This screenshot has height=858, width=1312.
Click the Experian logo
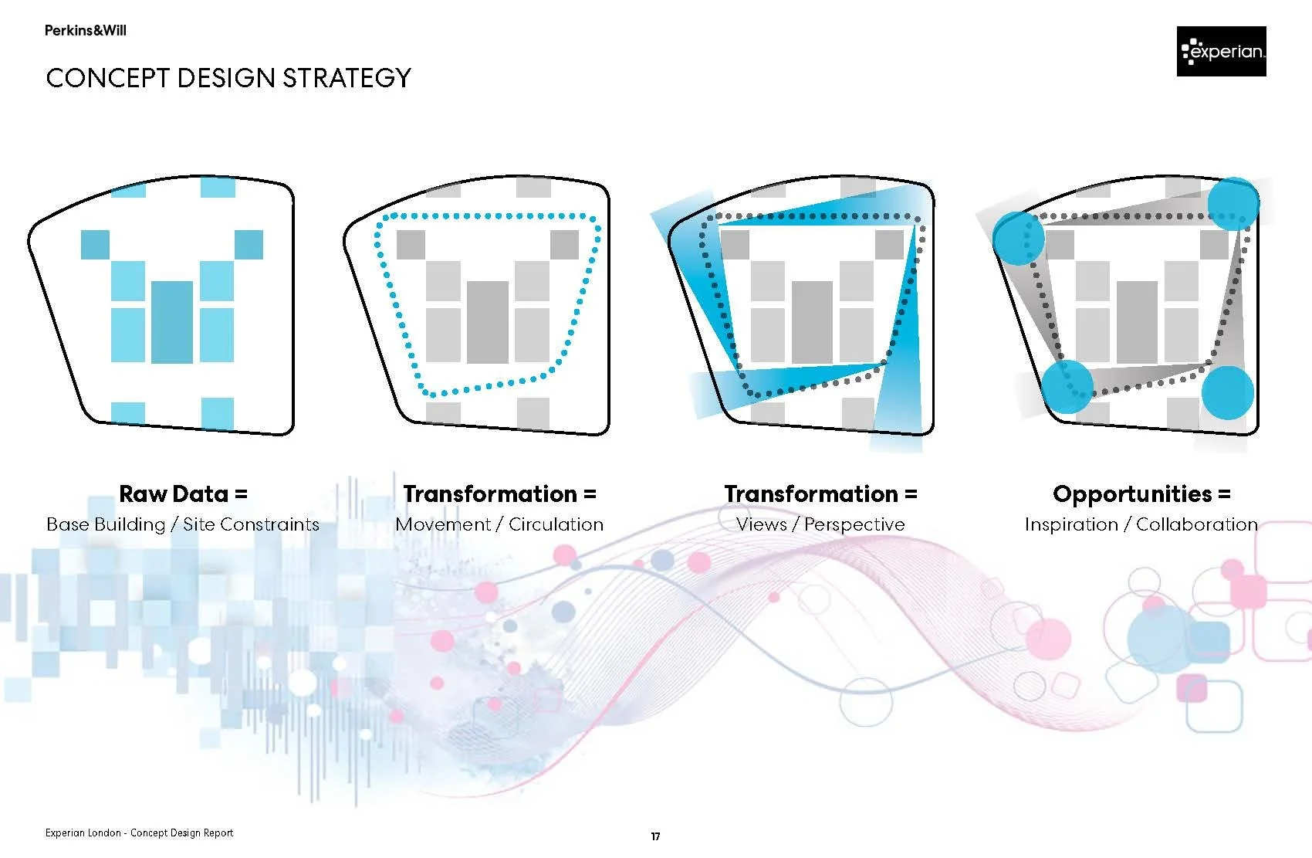pyautogui.click(x=1221, y=51)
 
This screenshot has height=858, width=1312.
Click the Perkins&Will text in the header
pyautogui.click(x=85, y=31)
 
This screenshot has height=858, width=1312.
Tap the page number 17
pyautogui.click(x=655, y=836)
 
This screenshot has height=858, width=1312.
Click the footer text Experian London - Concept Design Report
pyautogui.click(x=139, y=833)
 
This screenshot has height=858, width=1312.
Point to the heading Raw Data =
pyautogui.click(x=183, y=493)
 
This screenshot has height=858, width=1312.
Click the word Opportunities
pyautogui.click(x=1132, y=493)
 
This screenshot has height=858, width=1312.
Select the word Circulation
pyautogui.click(x=556, y=524)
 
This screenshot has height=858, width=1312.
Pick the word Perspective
pyautogui.click(x=854, y=524)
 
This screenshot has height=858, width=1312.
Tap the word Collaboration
pyautogui.click(x=1196, y=524)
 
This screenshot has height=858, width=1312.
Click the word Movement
pyautogui.click(x=443, y=524)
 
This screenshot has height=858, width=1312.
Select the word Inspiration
pyautogui.click(x=1071, y=524)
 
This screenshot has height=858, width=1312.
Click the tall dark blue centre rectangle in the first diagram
pyautogui.click(x=172, y=322)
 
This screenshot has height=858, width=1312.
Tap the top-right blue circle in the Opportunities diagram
pyautogui.click(x=1233, y=204)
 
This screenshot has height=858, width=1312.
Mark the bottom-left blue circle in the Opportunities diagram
pyautogui.click(x=1068, y=386)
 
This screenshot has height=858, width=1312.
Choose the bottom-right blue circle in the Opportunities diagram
pyautogui.click(x=1227, y=392)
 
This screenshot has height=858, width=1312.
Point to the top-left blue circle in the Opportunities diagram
pyautogui.click(x=1018, y=237)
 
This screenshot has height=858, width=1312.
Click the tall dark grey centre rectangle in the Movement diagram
pyautogui.click(x=488, y=322)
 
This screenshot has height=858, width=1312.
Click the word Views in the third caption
pyautogui.click(x=761, y=524)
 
